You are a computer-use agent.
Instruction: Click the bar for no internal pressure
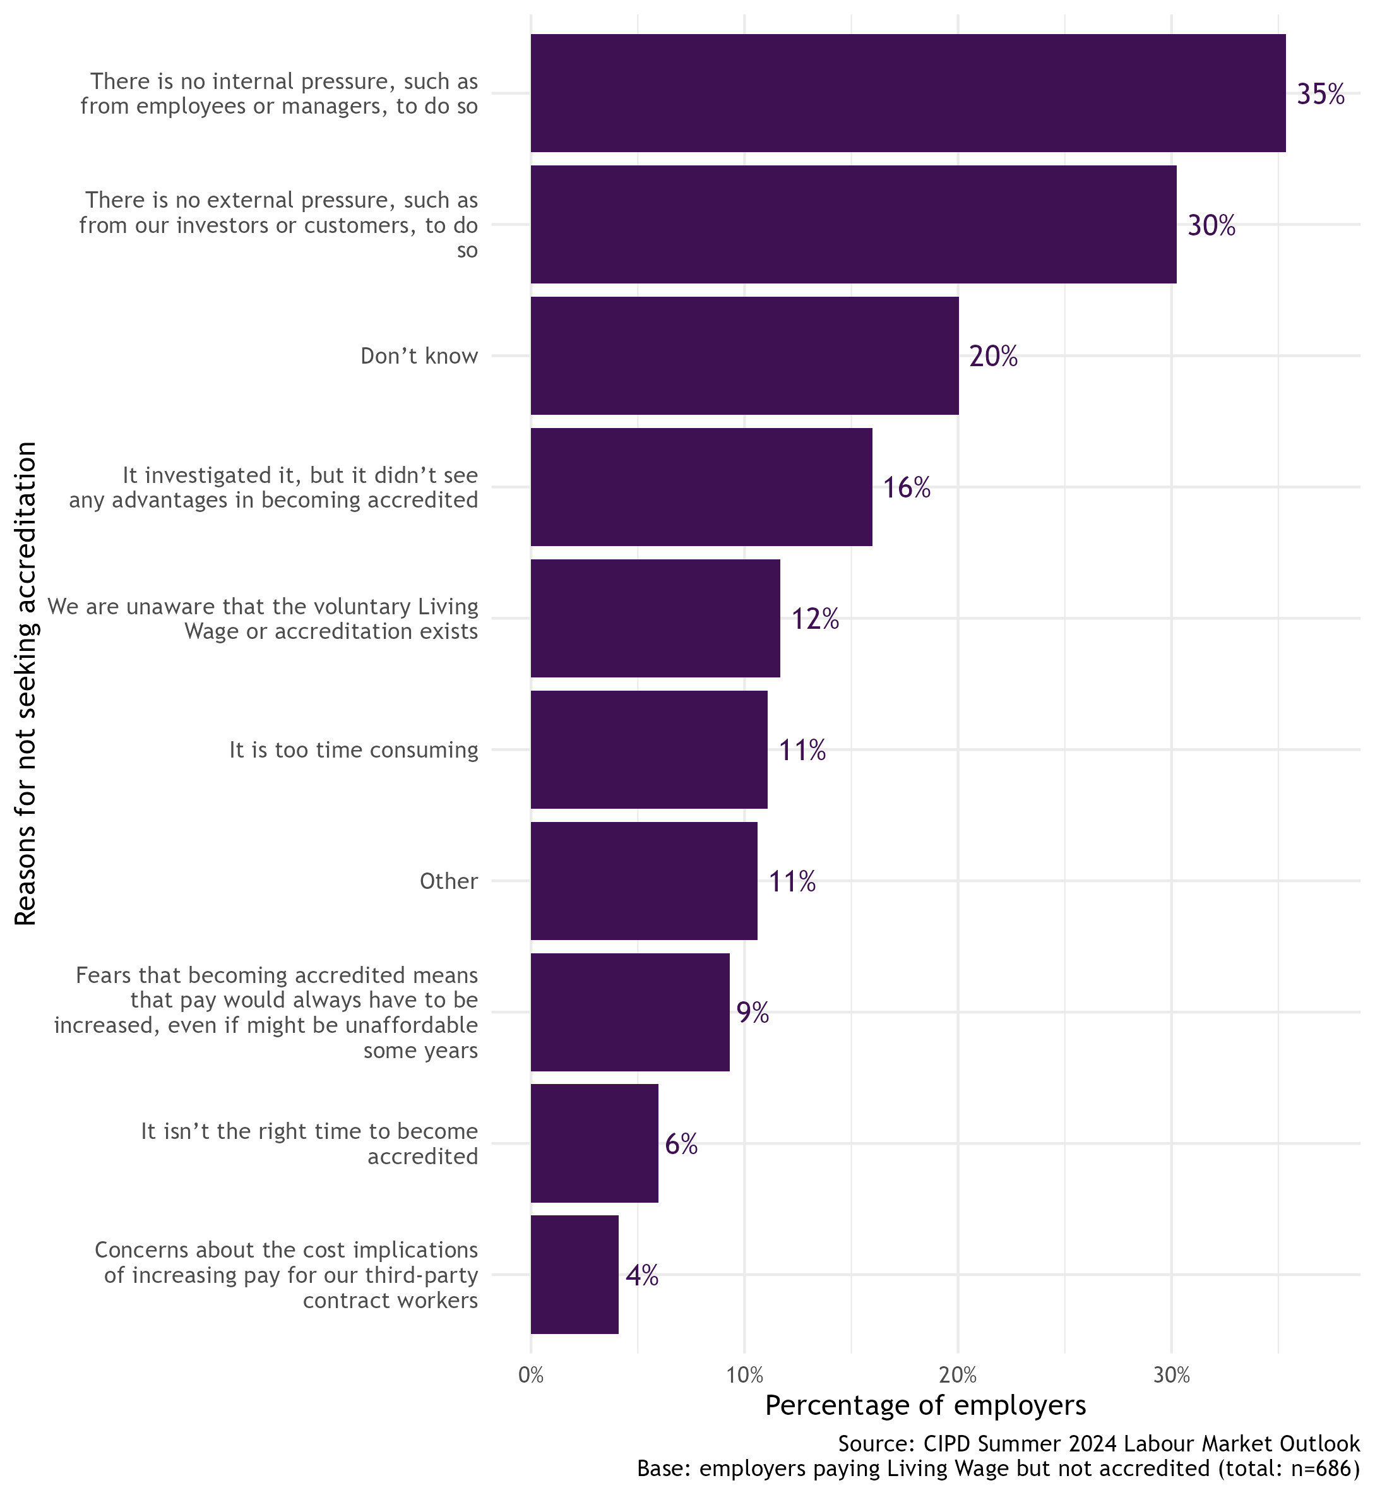(x=908, y=93)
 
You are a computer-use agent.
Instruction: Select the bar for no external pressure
(x=854, y=224)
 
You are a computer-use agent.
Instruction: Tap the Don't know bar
(x=745, y=355)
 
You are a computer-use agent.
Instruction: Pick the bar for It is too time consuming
(x=649, y=749)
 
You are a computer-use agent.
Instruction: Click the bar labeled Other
(x=643, y=880)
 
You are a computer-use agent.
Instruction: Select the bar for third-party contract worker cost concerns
(x=574, y=1275)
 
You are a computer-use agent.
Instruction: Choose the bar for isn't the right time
(x=595, y=1143)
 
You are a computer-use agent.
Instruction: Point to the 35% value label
(x=1321, y=95)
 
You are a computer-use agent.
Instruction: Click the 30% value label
(x=1211, y=225)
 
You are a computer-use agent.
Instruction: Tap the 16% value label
(x=907, y=488)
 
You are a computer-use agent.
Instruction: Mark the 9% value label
(x=753, y=1013)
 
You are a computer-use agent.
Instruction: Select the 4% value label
(x=642, y=1276)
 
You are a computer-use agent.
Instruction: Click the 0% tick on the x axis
(x=530, y=1376)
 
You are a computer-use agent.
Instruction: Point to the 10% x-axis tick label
(x=744, y=1376)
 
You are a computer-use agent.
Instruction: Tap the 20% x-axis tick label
(x=958, y=1376)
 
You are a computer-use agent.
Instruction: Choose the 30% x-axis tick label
(x=1171, y=1376)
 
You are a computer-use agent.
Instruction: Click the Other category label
(x=448, y=881)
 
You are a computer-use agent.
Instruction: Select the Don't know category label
(x=419, y=355)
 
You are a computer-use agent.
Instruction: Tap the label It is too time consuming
(x=354, y=749)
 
